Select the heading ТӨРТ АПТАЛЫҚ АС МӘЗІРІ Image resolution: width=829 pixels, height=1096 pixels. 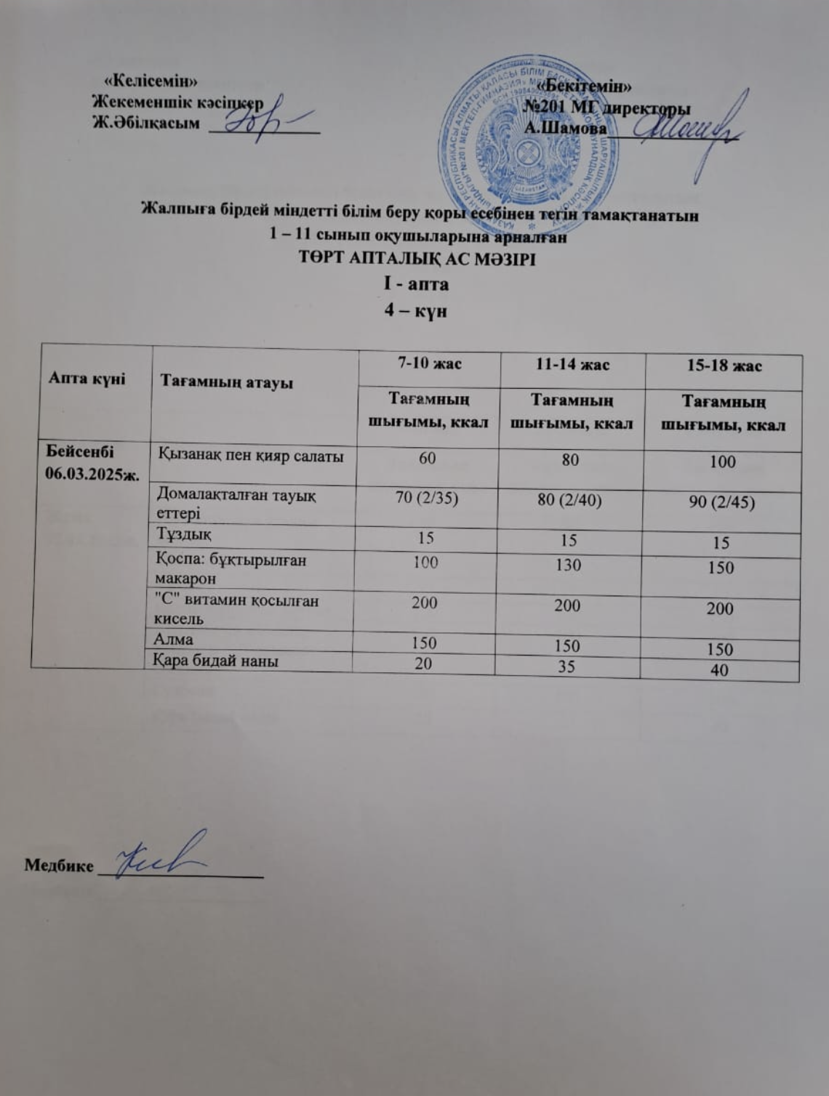[x=417, y=259]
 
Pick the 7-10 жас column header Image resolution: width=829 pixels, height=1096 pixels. [x=429, y=363]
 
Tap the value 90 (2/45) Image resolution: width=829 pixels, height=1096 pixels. [x=721, y=502]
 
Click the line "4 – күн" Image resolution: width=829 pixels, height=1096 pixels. [x=415, y=311]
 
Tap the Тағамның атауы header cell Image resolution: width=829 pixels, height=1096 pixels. [x=227, y=381]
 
